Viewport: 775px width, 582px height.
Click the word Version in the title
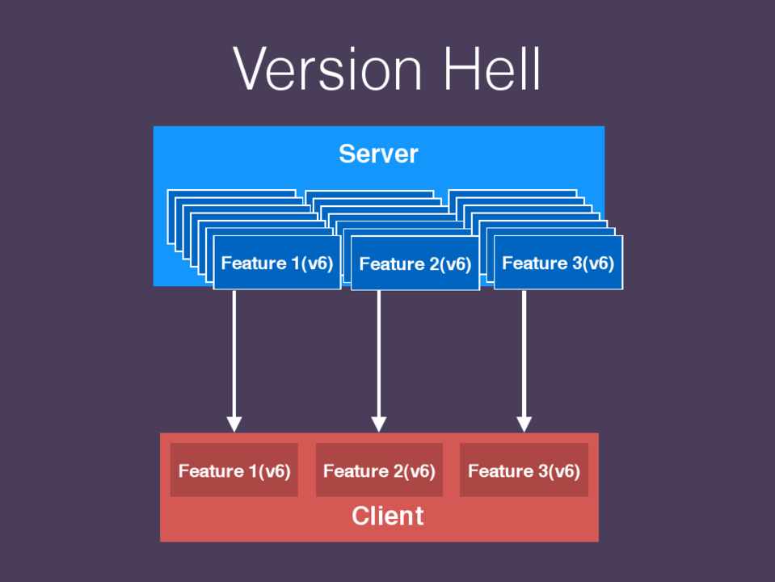click(x=327, y=70)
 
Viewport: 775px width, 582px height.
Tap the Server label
click(x=378, y=154)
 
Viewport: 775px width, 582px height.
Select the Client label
click(x=387, y=516)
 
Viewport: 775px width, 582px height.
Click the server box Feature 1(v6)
click(x=277, y=263)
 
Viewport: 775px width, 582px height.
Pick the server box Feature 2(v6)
click(x=415, y=264)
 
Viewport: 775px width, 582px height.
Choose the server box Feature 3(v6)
click(x=558, y=263)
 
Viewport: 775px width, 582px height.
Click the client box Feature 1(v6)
click(x=234, y=470)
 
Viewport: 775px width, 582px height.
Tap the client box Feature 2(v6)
click(x=379, y=470)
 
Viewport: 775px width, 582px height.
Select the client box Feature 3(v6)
click(x=524, y=470)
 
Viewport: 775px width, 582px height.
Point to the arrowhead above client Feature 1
click(x=234, y=423)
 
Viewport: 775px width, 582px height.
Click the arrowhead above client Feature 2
click(x=379, y=423)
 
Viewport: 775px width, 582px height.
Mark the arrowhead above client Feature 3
click(x=524, y=423)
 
